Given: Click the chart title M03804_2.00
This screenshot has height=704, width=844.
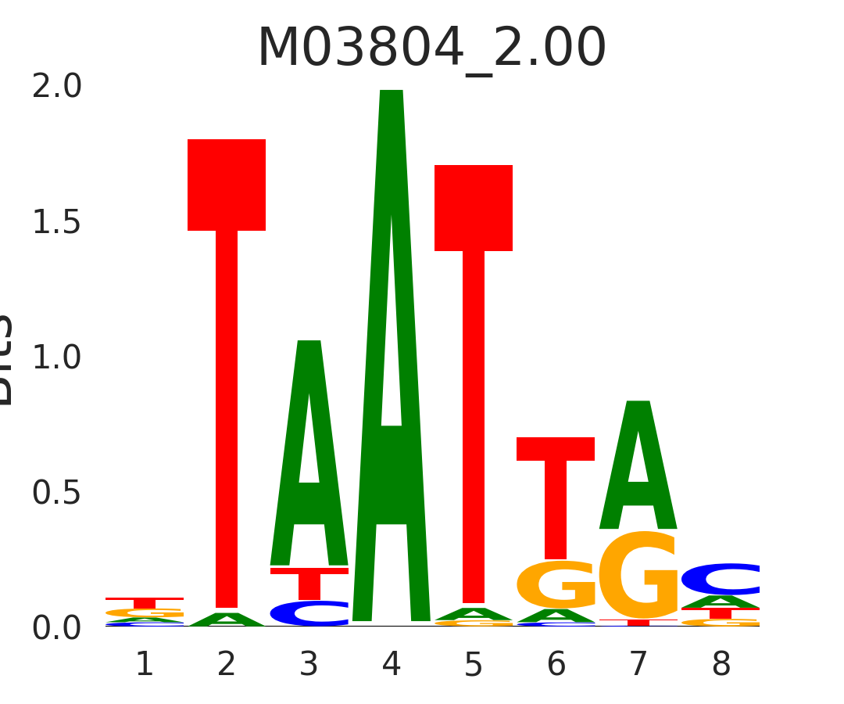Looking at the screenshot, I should click(431, 48).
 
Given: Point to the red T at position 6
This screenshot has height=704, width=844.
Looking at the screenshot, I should click(556, 485).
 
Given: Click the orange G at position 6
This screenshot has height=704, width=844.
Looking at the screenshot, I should click(556, 585).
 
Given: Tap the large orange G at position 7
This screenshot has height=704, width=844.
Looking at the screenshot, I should click(638, 576).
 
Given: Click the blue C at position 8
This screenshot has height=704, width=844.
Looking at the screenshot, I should click(721, 579).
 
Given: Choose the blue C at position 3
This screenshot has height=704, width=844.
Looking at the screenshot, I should click(309, 613).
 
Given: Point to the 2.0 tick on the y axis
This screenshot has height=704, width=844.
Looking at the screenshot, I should click(57, 88).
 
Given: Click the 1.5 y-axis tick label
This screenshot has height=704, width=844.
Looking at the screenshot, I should click(57, 223).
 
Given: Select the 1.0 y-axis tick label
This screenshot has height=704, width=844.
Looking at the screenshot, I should click(57, 358).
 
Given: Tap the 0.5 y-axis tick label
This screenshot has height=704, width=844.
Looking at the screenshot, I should click(57, 494).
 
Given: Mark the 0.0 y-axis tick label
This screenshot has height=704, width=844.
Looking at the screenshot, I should click(57, 628).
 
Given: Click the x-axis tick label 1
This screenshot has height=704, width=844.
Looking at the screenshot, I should click(145, 665).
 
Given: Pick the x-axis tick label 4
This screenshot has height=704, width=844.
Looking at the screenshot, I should click(392, 665).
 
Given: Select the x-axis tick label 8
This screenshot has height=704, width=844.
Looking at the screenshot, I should click(721, 665).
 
